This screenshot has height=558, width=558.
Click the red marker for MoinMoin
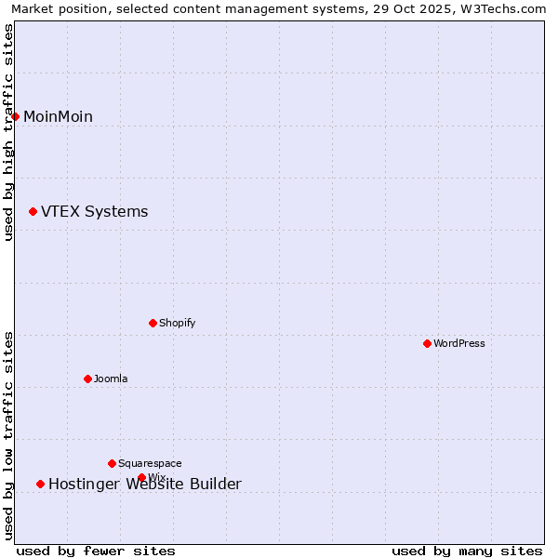tap(16, 116)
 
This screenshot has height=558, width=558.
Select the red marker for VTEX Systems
tap(33, 212)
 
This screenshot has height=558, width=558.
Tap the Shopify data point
tap(153, 323)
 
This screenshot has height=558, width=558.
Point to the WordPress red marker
tap(428, 343)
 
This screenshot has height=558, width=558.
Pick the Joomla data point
tap(88, 379)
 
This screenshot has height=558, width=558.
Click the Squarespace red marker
tap(113, 463)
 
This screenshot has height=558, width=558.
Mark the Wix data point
tap(142, 478)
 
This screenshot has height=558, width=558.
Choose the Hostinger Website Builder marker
tap(41, 484)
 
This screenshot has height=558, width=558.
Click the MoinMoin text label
tap(58, 116)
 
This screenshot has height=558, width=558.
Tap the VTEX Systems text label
tap(94, 212)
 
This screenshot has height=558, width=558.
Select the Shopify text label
tap(177, 323)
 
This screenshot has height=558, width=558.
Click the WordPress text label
tap(459, 343)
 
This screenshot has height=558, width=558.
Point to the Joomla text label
tap(111, 379)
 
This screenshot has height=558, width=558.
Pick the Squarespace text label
tap(150, 463)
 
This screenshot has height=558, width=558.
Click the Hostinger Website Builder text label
tap(144, 485)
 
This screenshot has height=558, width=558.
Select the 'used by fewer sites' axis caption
tap(96, 551)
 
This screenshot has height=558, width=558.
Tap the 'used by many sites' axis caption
tap(467, 551)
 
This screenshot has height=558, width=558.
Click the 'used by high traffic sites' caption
tap(8, 132)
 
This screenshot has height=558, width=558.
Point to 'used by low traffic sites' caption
tap(8, 435)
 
